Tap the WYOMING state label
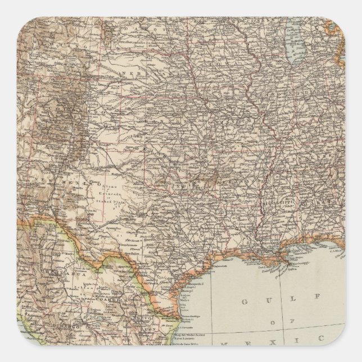click(56, 42)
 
